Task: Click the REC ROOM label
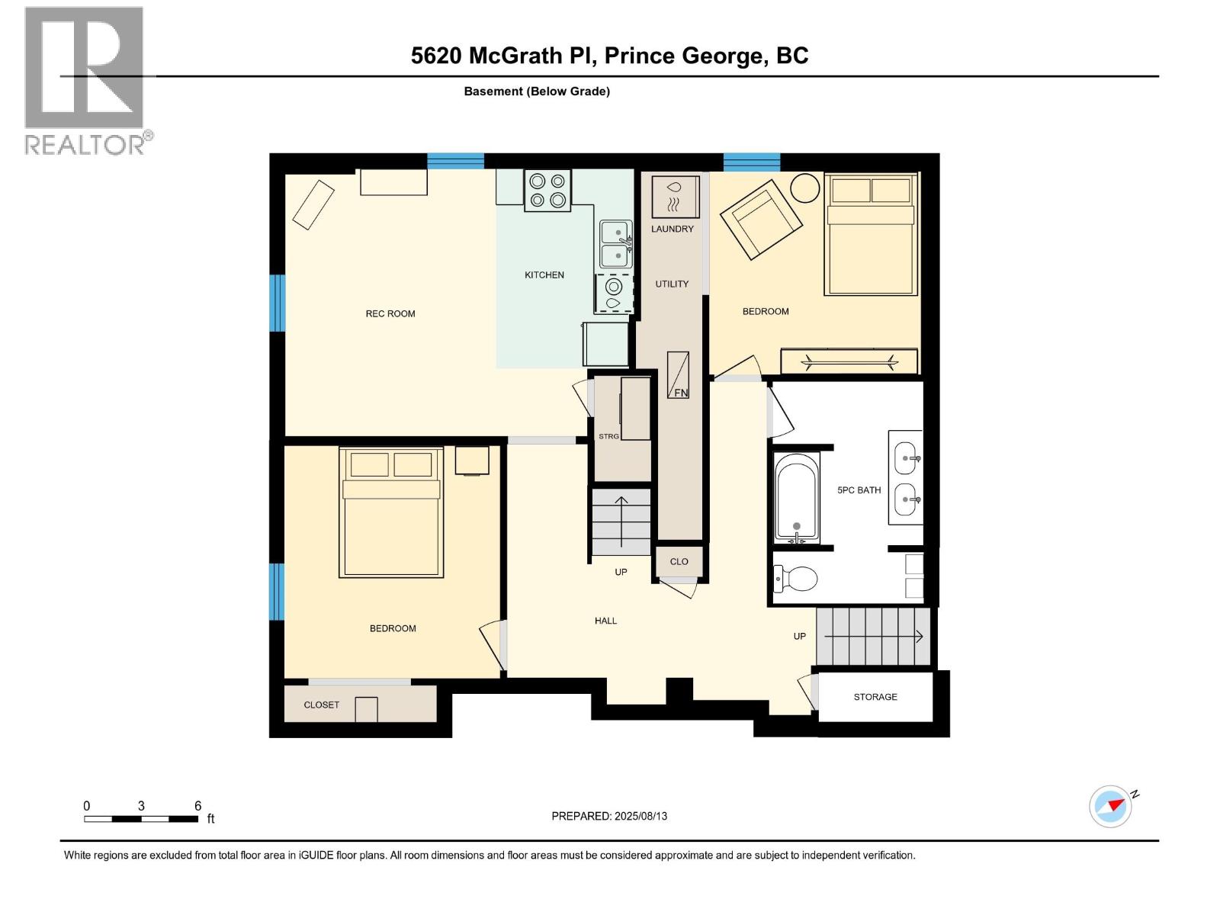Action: pyautogui.click(x=390, y=313)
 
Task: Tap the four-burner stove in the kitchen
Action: pyautogui.click(x=547, y=191)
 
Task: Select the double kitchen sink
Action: pyautogui.click(x=615, y=244)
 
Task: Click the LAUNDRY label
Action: pyautogui.click(x=672, y=229)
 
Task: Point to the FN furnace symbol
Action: pyautogui.click(x=679, y=374)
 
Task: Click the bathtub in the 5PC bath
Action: pyautogui.click(x=797, y=497)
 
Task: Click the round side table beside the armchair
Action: pyautogui.click(x=804, y=187)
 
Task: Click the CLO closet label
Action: pyautogui.click(x=679, y=561)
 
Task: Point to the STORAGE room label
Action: pyautogui.click(x=875, y=697)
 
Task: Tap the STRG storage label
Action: pyautogui.click(x=608, y=436)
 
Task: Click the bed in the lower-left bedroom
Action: pyautogui.click(x=391, y=512)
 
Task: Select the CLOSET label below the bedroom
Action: pyautogui.click(x=321, y=705)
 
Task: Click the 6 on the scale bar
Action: pyautogui.click(x=197, y=806)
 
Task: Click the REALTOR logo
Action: pyautogui.click(x=85, y=80)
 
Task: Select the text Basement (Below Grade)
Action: pyautogui.click(x=537, y=91)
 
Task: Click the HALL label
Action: pyautogui.click(x=605, y=621)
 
